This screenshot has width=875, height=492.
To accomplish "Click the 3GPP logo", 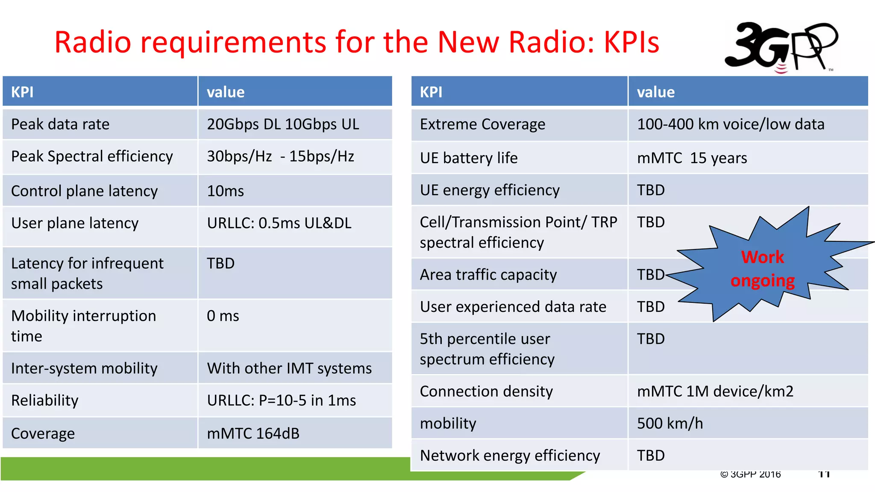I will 781,47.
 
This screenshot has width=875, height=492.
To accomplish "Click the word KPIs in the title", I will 631,42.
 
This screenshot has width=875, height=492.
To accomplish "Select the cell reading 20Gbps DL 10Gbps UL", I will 283,124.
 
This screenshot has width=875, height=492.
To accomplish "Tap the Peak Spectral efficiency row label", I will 92,156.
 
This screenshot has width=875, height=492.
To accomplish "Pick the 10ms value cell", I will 225,191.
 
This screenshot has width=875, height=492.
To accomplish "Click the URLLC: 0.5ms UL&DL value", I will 279,223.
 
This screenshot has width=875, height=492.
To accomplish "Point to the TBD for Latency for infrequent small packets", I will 220,263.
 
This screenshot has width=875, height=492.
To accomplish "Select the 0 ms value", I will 223,316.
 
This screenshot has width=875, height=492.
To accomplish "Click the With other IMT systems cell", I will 289,368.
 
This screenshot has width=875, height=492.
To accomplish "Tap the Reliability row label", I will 45,401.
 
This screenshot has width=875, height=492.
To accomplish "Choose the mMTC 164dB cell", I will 253,433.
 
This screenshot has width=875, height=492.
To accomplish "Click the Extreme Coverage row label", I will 482,124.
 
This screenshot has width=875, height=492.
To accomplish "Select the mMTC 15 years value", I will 692,158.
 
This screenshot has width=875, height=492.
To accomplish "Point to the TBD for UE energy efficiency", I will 651,190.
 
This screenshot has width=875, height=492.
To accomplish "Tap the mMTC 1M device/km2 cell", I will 715,391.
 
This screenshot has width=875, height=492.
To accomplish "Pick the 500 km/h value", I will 669,423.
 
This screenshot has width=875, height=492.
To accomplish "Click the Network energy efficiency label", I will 510,456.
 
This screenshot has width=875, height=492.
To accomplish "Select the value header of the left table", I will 226,92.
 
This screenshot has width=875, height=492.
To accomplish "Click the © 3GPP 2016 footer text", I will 750,474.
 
